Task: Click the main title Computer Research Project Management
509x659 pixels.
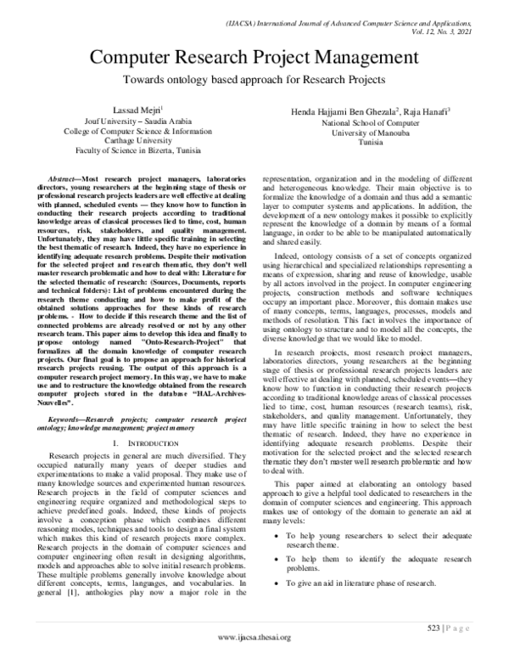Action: point(255,57)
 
